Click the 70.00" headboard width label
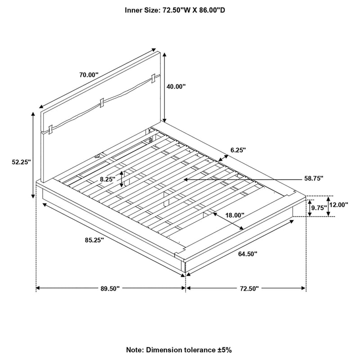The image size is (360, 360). [89, 75]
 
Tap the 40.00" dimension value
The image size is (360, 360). [176, 87]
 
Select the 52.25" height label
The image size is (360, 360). [21, 162]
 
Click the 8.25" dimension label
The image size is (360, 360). [108, 179]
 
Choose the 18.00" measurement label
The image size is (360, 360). [235, 215]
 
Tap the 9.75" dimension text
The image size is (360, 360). [319, 208]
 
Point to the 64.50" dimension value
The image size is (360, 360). [247, 254]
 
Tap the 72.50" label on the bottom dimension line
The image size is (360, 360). [249, 288]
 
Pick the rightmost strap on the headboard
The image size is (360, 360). [154, 78]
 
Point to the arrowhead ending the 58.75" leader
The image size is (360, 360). [186, 180]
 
